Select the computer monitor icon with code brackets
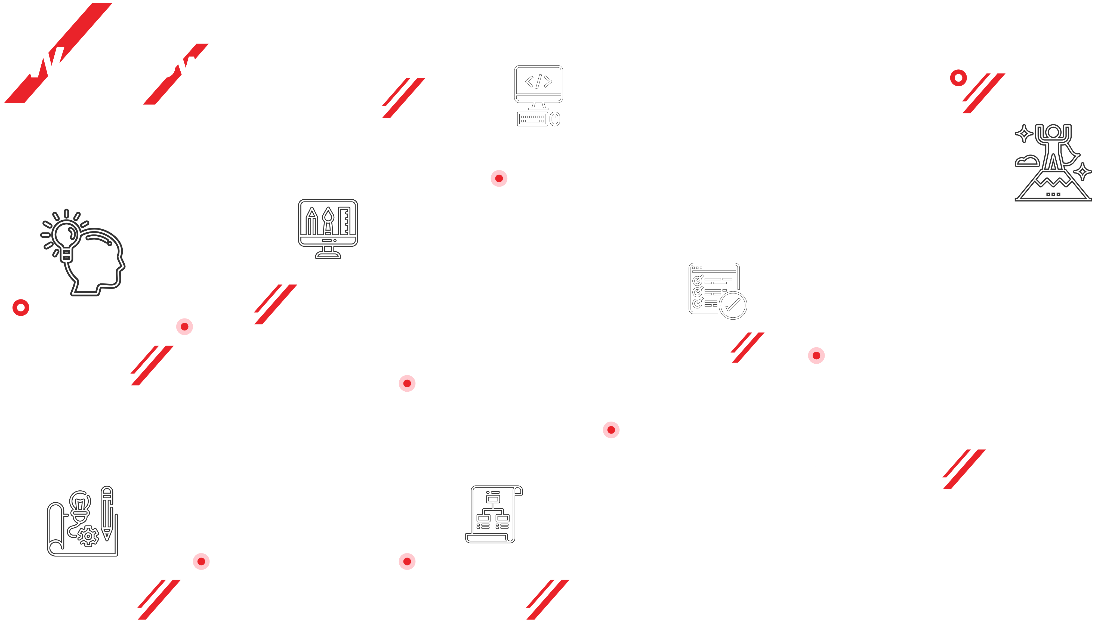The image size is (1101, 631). (538, 95)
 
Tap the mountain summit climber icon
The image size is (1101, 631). (1053, 163)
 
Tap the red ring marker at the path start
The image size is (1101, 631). (21, 308)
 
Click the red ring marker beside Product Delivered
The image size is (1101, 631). (958, 78)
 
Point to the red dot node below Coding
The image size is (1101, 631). (499, 178)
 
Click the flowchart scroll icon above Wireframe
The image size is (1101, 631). (494, 514)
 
